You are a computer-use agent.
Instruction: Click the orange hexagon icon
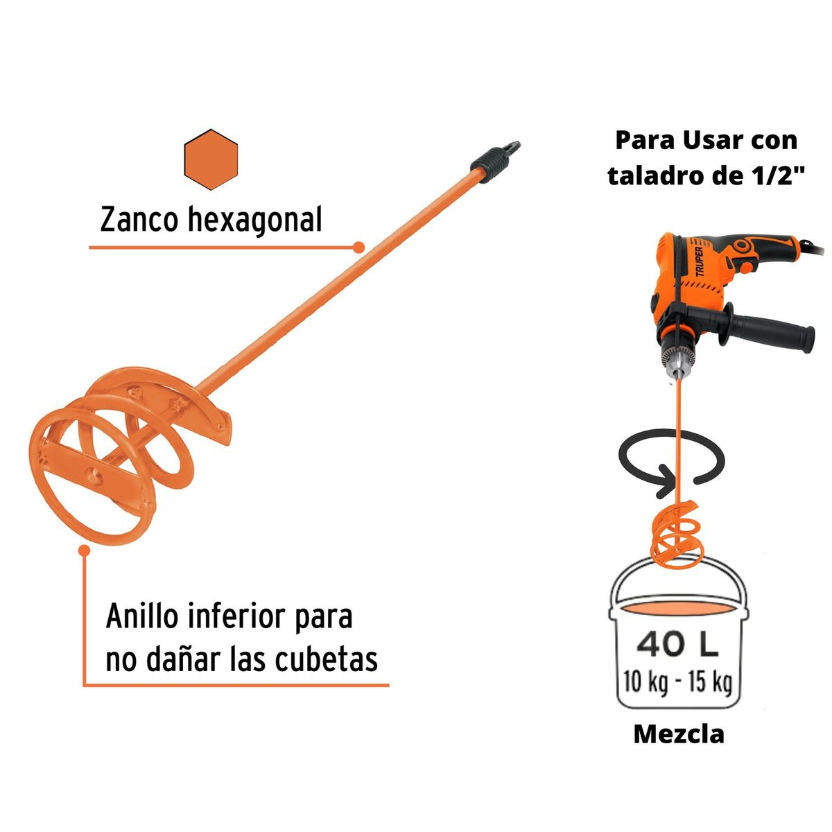point(211,159)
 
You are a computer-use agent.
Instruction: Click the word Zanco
point(140,220)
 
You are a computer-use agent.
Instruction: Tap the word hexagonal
point(254,221)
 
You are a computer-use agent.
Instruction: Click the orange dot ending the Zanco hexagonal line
point(358,247)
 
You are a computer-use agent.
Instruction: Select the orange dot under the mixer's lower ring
point(85,550)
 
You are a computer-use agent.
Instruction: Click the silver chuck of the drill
point(676,360)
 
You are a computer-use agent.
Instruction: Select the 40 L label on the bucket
point(677,645)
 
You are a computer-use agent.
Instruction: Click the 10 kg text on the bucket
point(645,682)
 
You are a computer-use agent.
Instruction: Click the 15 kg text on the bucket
point(710,682)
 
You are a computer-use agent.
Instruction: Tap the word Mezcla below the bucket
point(678,734)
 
